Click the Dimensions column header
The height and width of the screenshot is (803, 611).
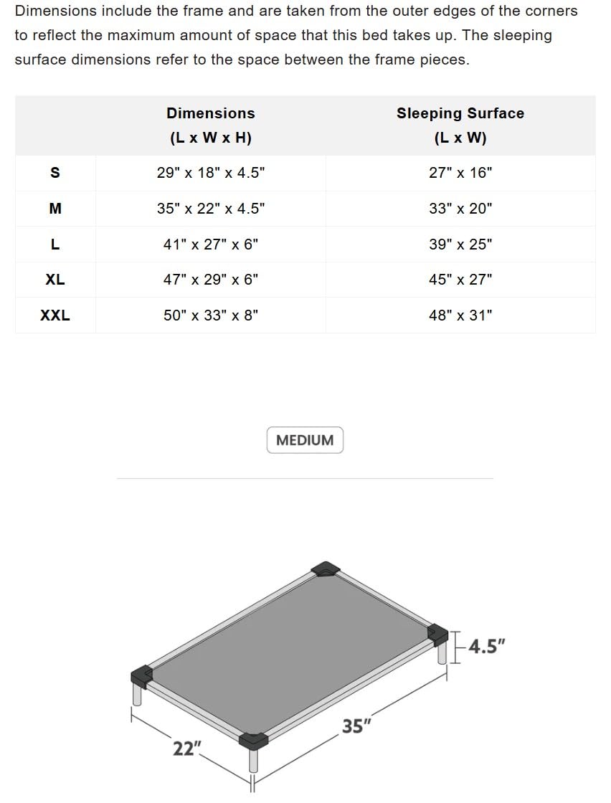(211, 125)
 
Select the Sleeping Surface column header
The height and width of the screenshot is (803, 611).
(460, 125)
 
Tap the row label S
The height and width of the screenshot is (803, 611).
(55, 173)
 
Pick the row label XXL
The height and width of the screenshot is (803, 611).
(55, 315)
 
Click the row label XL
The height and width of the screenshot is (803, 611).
(55, 280)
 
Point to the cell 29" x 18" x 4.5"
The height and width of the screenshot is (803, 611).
(211, 173)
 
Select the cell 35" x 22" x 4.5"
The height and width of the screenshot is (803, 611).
(211, 209)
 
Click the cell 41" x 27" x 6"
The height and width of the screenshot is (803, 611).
(211, 244)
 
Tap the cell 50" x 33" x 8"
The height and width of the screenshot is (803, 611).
(211, 315)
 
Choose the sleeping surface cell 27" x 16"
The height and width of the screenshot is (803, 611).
(460, 173)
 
